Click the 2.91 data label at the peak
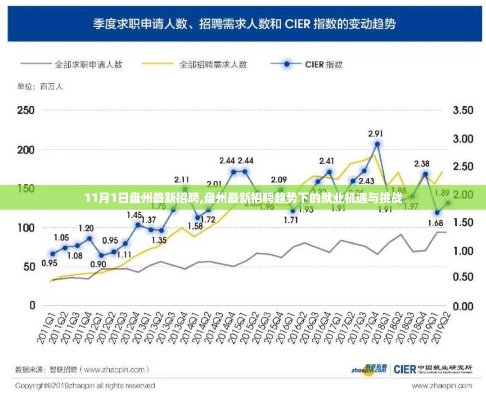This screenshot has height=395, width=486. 376,133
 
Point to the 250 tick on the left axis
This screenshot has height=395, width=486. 26,110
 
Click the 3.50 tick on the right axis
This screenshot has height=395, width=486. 462,110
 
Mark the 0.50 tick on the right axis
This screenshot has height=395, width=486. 462,278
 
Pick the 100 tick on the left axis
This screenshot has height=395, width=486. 26,228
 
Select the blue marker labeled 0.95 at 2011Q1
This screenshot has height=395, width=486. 53,254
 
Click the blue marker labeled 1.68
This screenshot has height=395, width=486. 437,212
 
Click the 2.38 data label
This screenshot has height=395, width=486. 422,164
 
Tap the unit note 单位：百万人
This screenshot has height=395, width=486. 40,87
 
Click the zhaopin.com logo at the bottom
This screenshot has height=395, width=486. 369,369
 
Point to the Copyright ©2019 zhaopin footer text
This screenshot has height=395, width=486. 85,386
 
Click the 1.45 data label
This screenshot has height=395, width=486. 135,215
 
